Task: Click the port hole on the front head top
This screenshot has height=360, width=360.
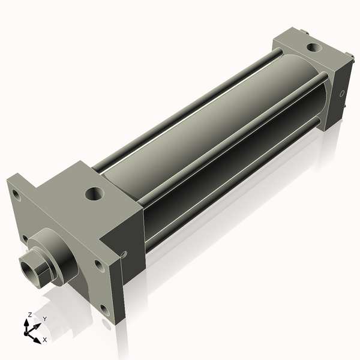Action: click(x=94, y=193)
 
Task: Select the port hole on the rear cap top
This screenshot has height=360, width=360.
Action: click(x=313, y=47)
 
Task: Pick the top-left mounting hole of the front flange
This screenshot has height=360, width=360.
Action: click(x=16, y=195)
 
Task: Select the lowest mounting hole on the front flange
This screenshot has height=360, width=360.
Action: click(x=105, y=310)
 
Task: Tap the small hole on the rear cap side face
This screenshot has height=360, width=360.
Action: click(x=342, y=94)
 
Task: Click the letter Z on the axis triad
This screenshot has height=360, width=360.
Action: click(x=30, y=314)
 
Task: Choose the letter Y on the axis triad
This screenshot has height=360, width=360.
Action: click(x=44, y=319)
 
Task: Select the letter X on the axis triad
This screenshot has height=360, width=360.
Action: click(x=44, y=340)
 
